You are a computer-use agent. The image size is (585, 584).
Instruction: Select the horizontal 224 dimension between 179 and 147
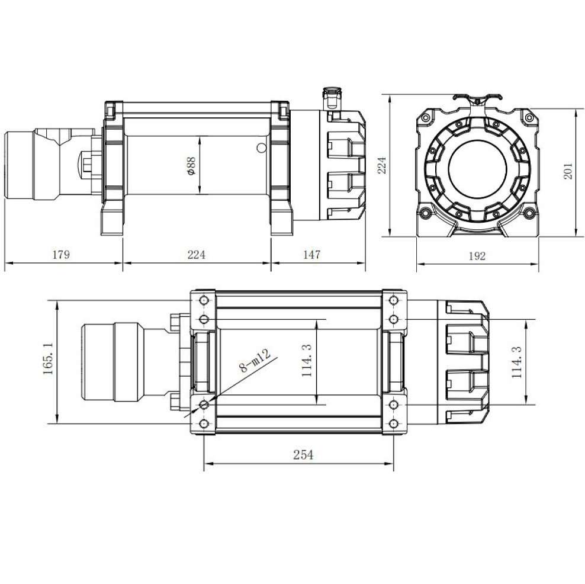(x=196, y=255)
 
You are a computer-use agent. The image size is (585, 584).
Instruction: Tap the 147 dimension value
(x=311, y=255)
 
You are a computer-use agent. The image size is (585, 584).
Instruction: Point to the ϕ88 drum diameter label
(x=191, y=166)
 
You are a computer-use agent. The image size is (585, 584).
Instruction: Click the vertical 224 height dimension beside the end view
(x=382, y=166)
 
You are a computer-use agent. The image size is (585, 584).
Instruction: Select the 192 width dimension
(x=477, y=256)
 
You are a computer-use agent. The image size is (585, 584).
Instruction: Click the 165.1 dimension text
(x=47, y=358)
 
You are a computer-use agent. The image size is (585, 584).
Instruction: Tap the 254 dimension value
(x=303, y=454)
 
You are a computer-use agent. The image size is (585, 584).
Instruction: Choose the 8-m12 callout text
(x=255, y=361)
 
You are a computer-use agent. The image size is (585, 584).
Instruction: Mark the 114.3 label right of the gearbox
(x=516, y=361)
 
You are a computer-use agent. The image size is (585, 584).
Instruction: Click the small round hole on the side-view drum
(x=261, y=148)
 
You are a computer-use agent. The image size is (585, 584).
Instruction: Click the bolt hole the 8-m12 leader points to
(x=204, y=404)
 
